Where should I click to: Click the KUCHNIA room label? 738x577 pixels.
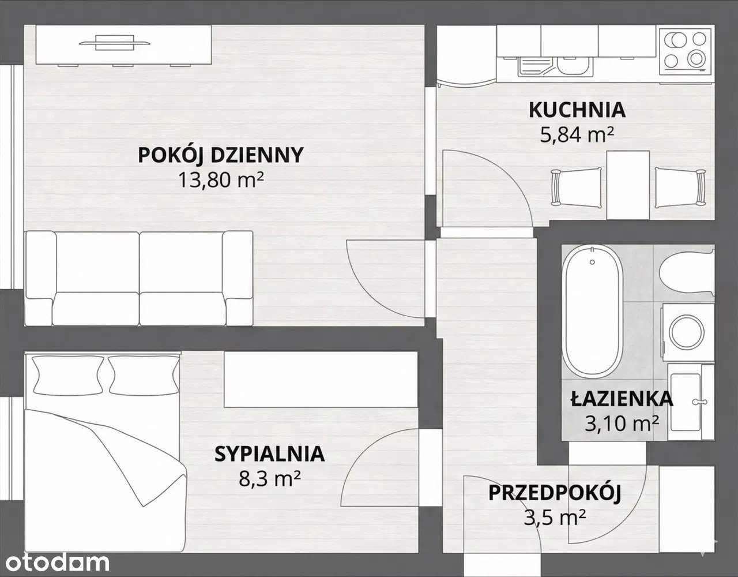point(577,110)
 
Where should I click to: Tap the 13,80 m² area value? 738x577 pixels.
point(221,180)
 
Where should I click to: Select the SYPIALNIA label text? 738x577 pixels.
point(269,454)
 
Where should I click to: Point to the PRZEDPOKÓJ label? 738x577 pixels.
point(555,493)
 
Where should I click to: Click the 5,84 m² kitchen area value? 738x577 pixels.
point(577,134)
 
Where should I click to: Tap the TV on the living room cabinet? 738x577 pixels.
point(115,43)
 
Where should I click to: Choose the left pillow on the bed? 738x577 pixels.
point(67,375)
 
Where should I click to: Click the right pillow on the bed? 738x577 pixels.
point(144,375)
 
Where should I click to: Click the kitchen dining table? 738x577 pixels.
point(628,185)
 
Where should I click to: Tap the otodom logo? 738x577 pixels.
point(58,563)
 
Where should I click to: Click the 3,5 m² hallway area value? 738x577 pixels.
point(555,518)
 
